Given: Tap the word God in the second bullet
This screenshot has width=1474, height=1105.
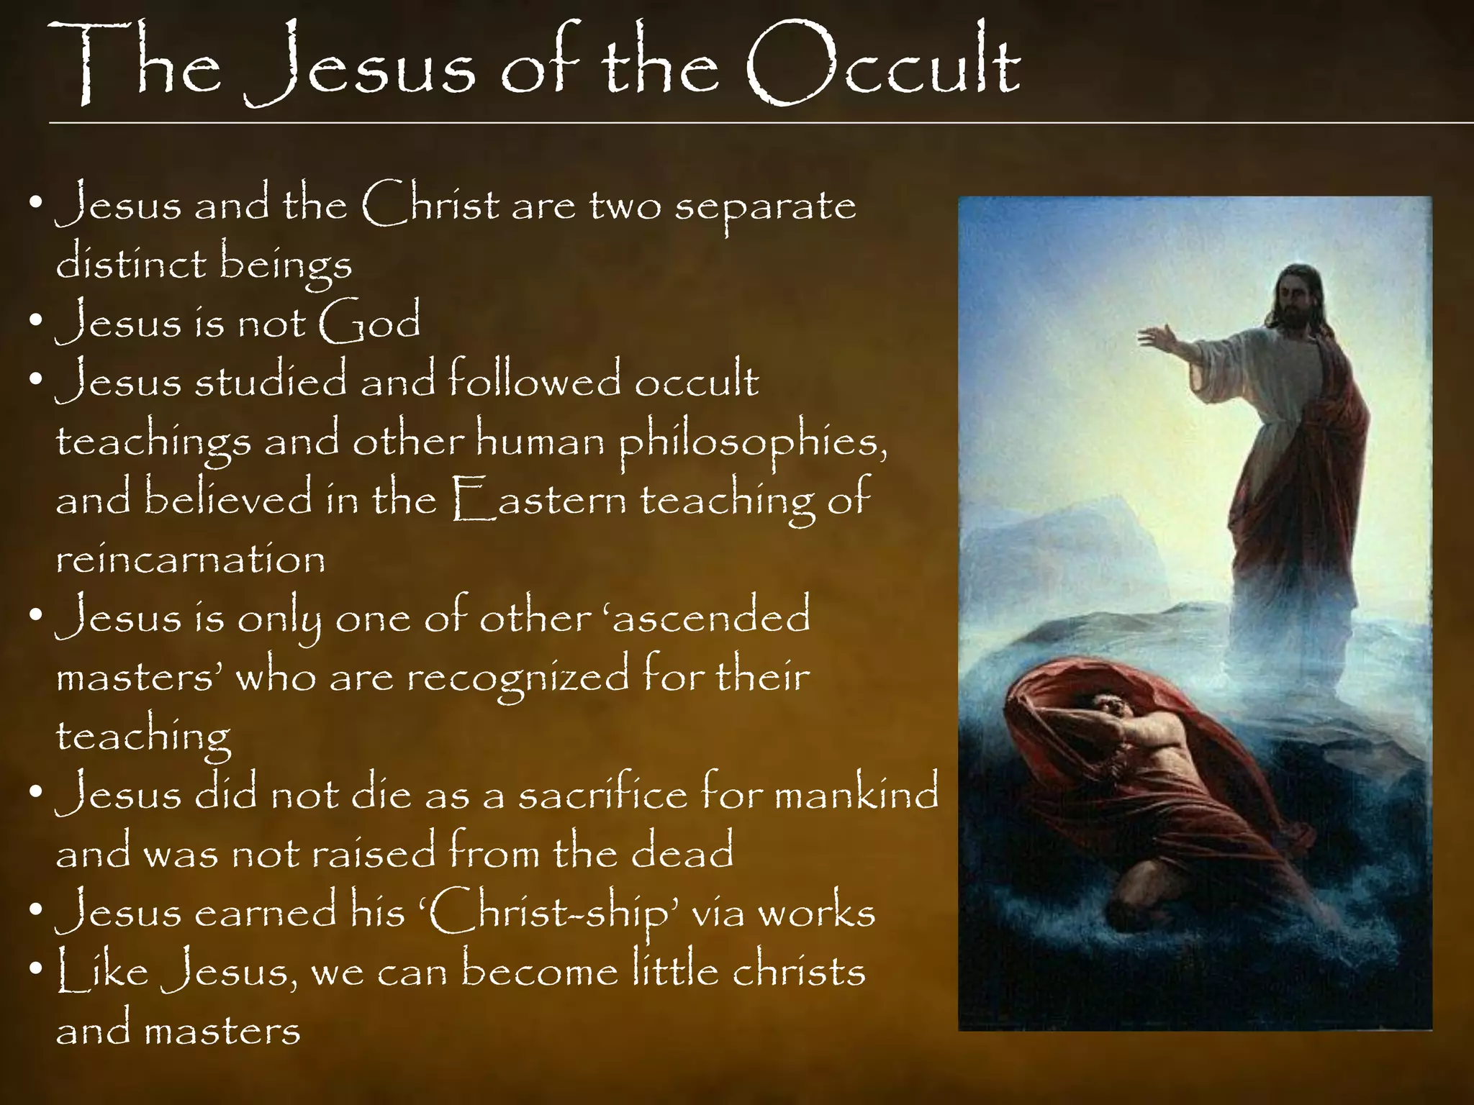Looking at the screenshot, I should point(369,323).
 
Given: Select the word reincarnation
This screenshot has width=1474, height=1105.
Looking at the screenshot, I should point(191,559).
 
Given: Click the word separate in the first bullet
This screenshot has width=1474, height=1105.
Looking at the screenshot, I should point(765,207).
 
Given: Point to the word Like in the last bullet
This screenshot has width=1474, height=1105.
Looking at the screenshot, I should point(102,971).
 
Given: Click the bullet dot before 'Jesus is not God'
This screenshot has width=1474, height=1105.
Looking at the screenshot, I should point(36,323).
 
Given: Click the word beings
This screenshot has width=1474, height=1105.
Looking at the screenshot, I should point(285,265).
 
